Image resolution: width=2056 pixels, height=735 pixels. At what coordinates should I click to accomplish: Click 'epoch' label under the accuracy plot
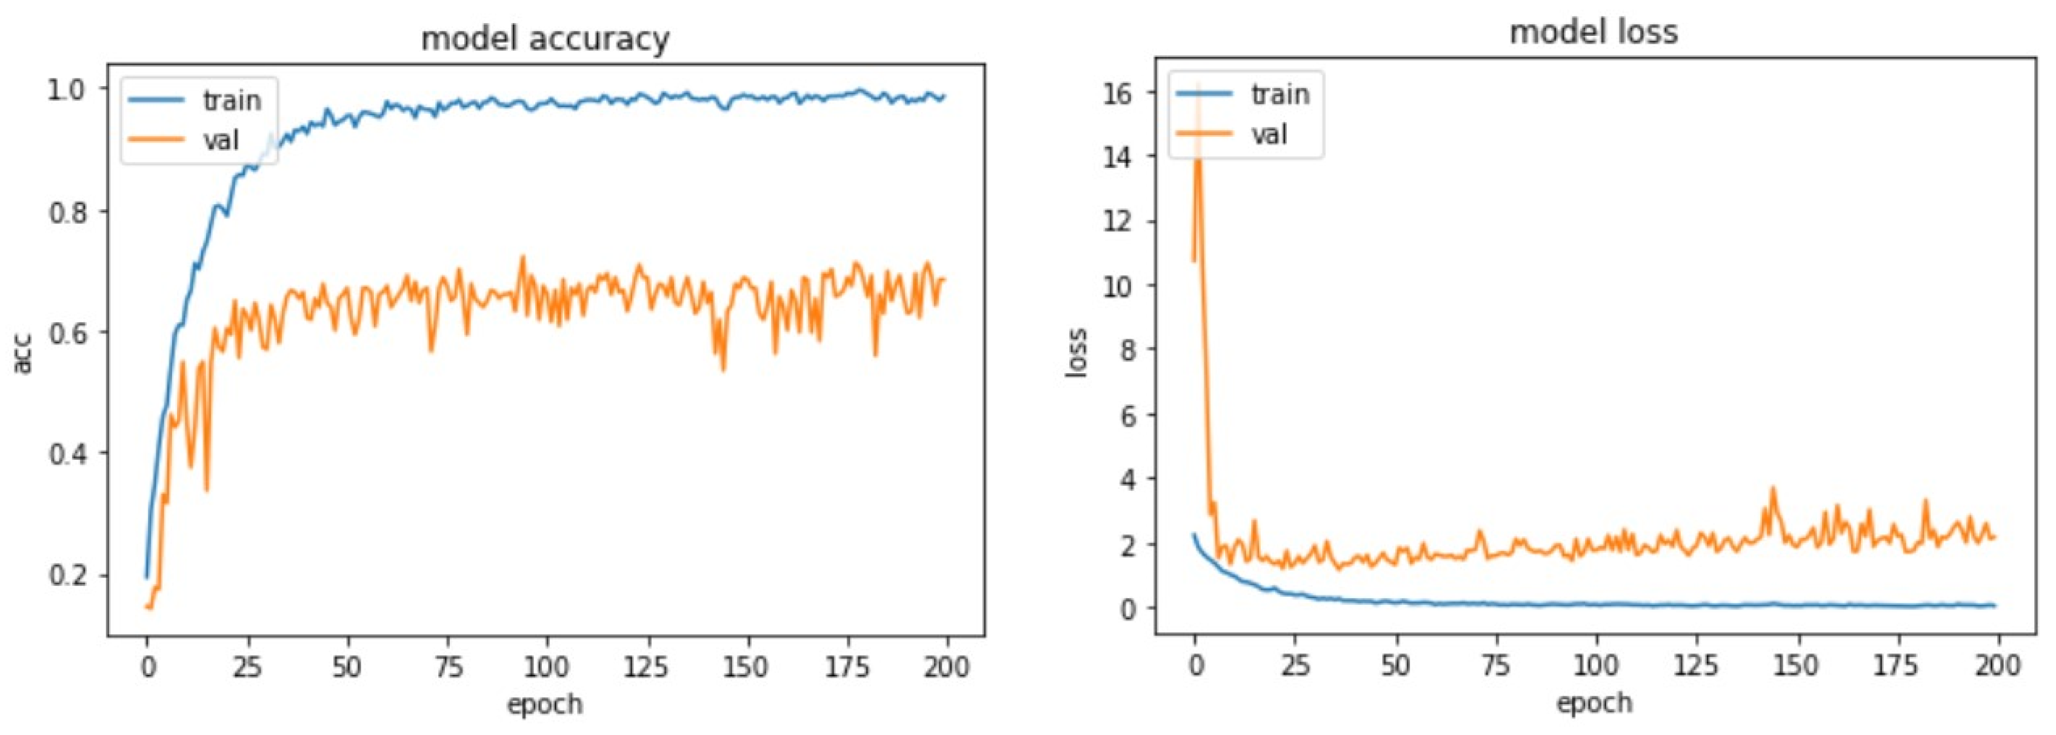545,705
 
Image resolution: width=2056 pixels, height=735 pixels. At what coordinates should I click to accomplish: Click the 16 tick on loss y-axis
1117,93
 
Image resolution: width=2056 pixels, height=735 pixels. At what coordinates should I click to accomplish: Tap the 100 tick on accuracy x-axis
547,667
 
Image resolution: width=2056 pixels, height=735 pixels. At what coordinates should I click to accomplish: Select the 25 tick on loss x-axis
1295,665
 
